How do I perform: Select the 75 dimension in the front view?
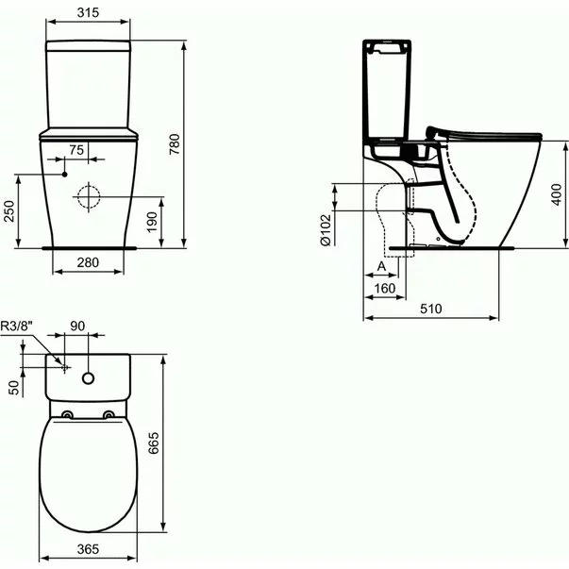click(76, 149)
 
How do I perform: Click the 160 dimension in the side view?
click(384, 288)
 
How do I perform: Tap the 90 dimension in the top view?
click(77, 326)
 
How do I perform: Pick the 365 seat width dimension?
click(87, 547)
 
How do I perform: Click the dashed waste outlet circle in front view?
click(89, 197)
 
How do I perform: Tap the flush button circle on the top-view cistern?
click(89, 377)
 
